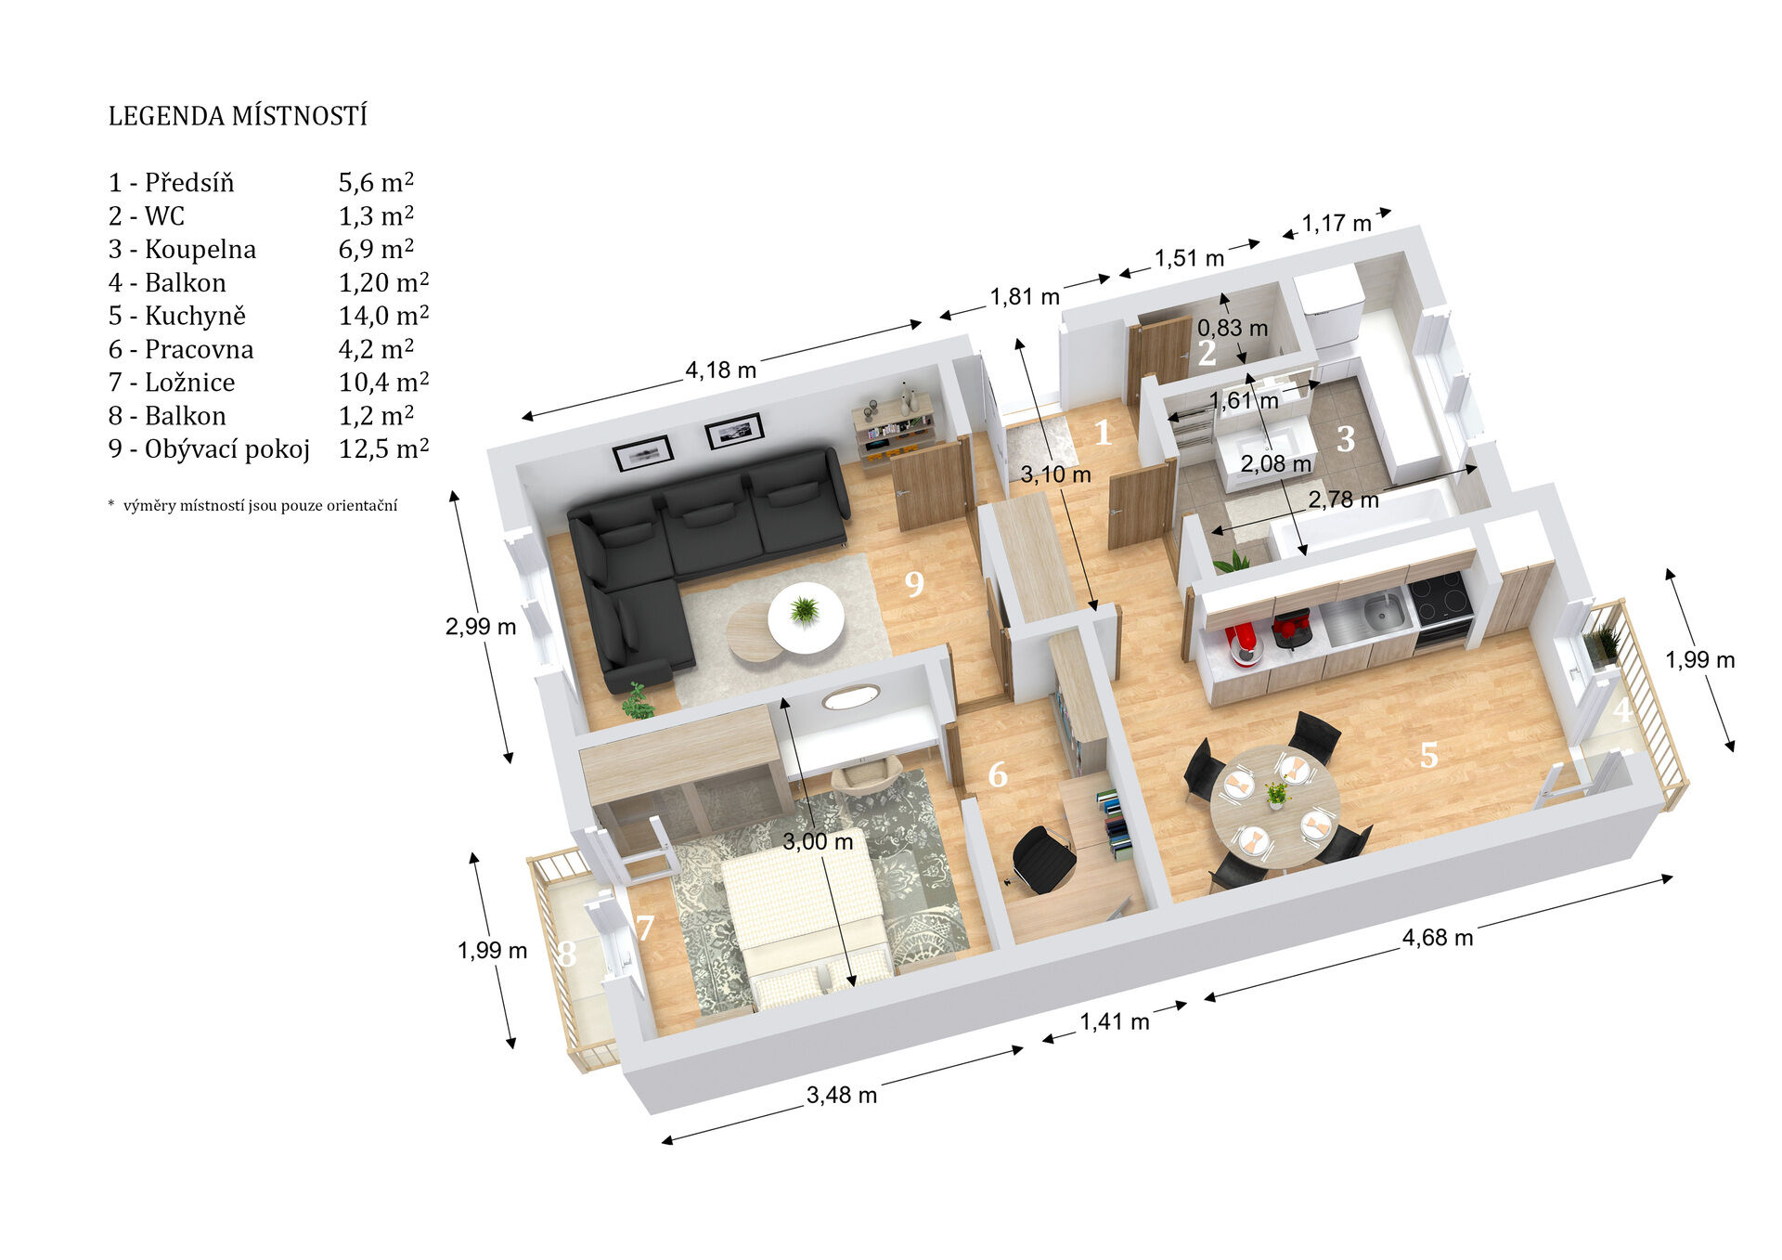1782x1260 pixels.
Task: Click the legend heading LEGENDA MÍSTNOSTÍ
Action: pyautogui.click(x=238, y=116)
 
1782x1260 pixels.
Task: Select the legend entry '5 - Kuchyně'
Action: pyautogui.click(x=177, y=316)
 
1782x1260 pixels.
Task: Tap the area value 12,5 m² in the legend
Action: pyautogui.click(x=383, y=449)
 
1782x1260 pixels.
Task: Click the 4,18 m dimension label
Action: pyautogui.click(x=721, y=370)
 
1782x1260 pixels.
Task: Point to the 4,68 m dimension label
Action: pyautogui.click(x=1438, y=937)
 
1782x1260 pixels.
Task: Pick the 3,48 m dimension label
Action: pyautogui.click(x=842, y=1095)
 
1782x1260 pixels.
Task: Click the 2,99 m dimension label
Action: pyautogui.click(x=481, y=627)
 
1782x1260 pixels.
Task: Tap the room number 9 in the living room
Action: pyautogui.click(x=914, y=583)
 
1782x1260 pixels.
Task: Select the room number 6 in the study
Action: pyautogui.click(x=998, y=773)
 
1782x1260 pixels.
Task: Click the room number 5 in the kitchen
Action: pyautogui.click(x=1429, y=755)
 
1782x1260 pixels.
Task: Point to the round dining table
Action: pyautogui.click(x=1275, y=807)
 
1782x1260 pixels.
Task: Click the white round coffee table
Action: pyautogui.click(x=806, y=617)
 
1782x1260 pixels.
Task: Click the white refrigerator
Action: pyautogui.click(x=1330, y=310)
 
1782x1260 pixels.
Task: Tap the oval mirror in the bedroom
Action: pyautogui.click(x=851, y=696)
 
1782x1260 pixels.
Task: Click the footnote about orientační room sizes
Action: pyautogui.click(x=252, y=505)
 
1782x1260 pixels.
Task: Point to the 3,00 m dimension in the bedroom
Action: pyautogui.click(x=818, y=841)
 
